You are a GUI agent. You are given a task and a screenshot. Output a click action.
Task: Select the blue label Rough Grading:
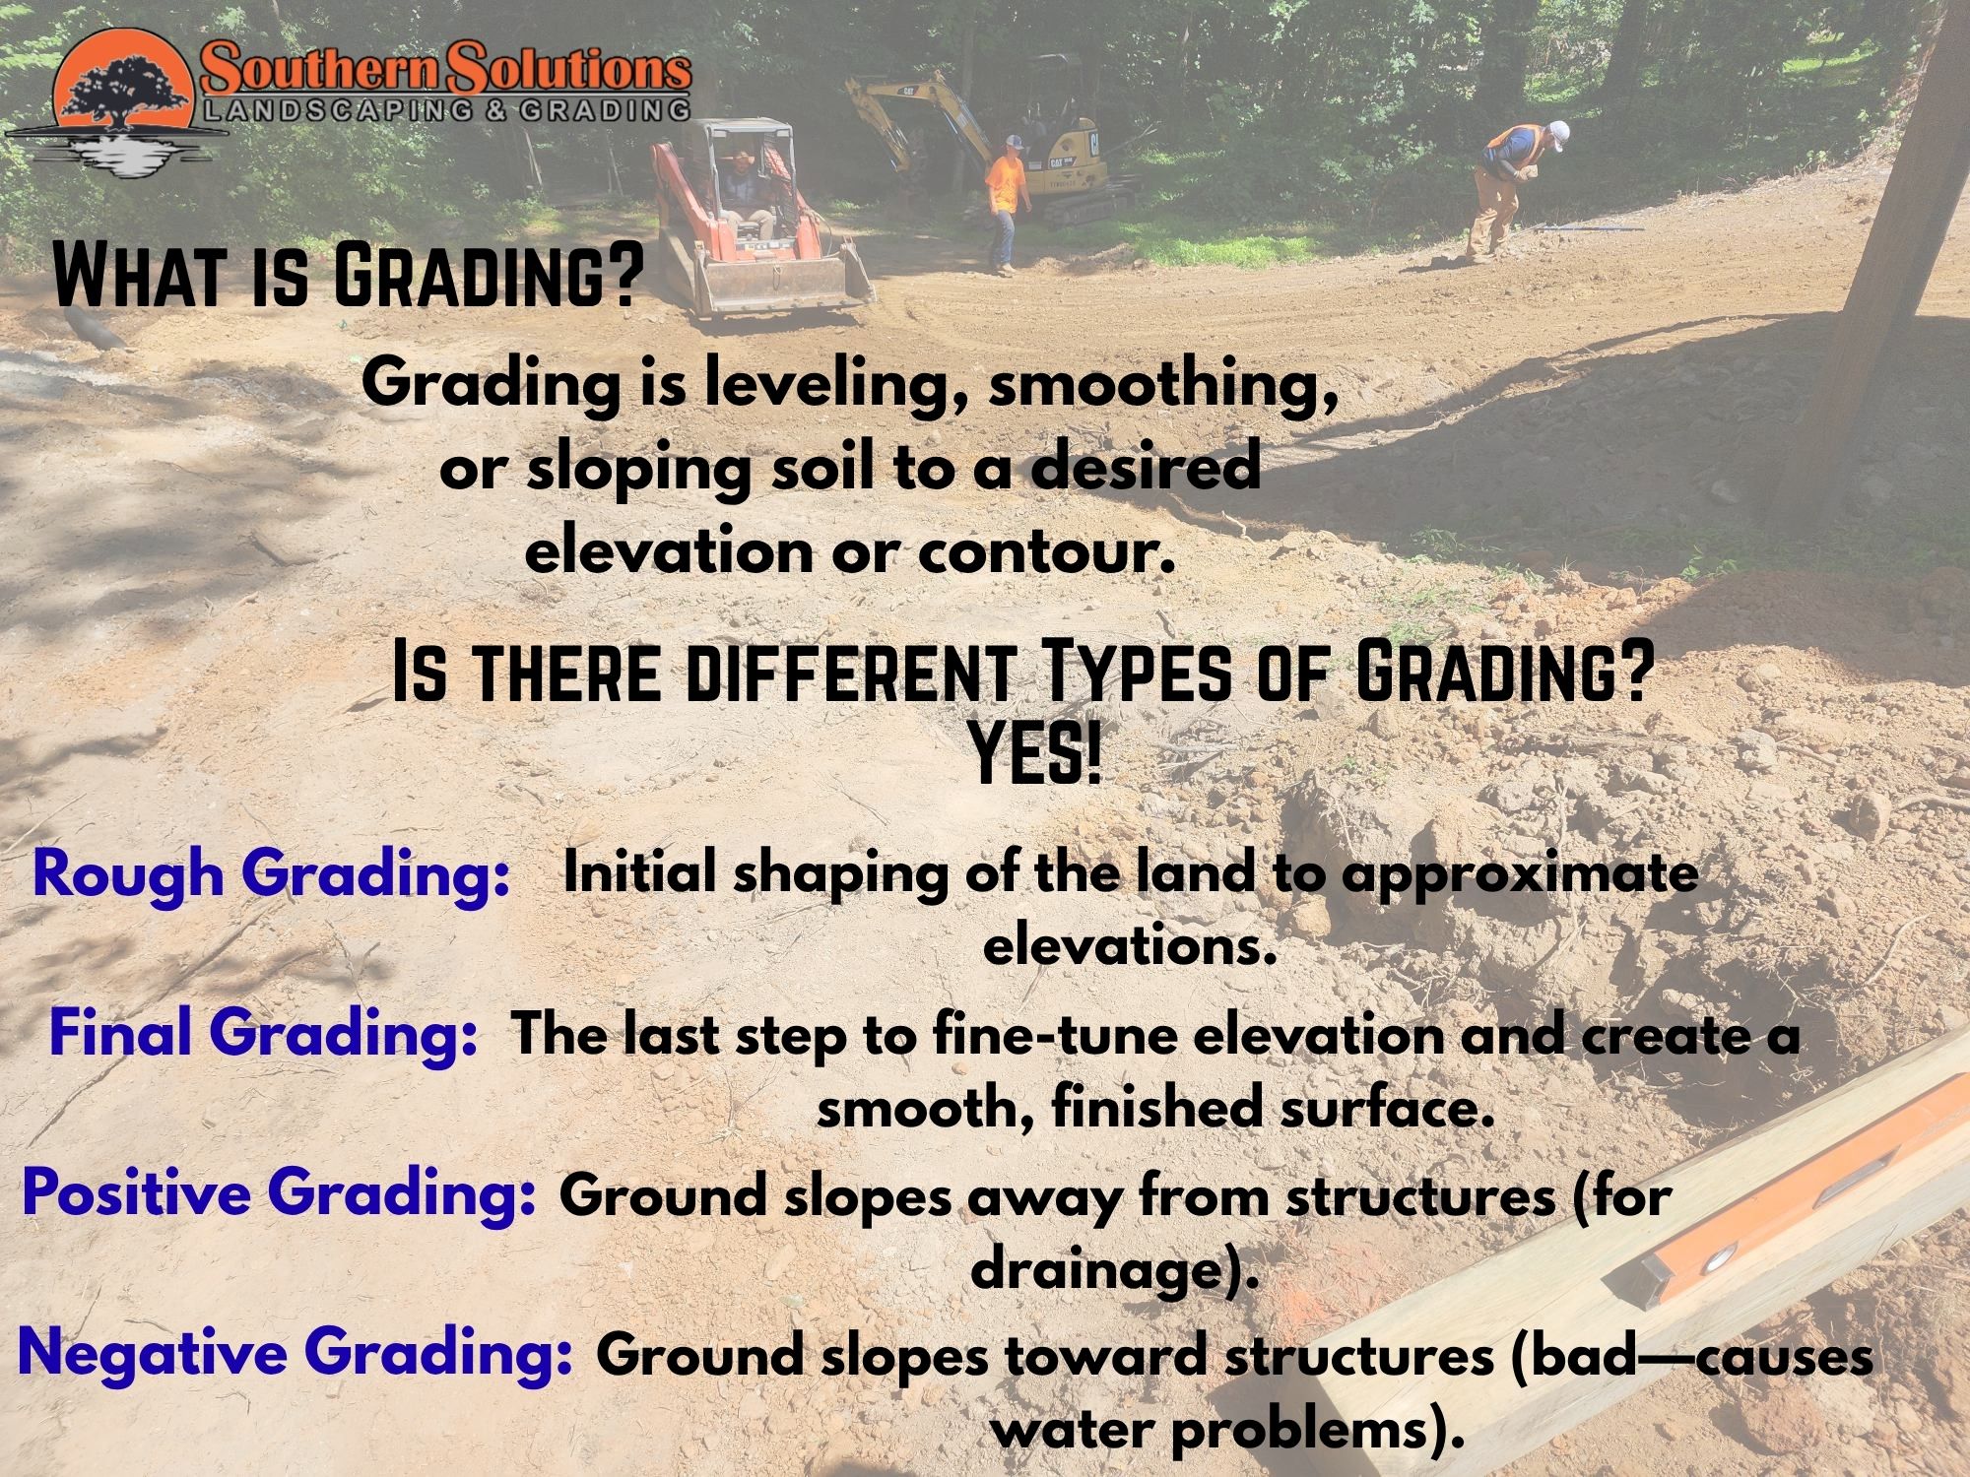click(270, 873)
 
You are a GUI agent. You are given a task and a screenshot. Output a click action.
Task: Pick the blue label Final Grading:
click(263, 1034)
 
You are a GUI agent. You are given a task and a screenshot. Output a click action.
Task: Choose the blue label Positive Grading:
click(279, 1194)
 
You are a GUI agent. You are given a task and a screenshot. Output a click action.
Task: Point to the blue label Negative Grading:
click(295, 1354)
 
